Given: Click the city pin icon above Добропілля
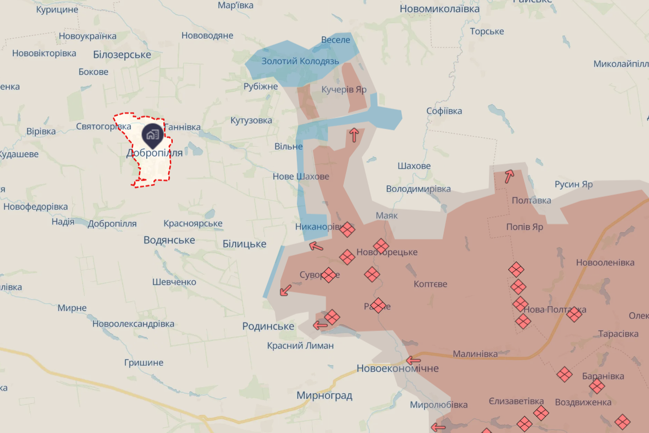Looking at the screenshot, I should (152, 134).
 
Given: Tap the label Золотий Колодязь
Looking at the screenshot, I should (300, 61).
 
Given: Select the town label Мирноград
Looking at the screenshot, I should (324, 395).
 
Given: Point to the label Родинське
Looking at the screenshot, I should (268, 327).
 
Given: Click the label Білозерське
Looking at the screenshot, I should (122, 55).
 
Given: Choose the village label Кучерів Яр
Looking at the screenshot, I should (344, 89).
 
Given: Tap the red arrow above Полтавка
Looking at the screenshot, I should (509, 176).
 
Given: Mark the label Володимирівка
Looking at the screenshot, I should (418, 189).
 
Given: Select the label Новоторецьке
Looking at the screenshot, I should (387, 253).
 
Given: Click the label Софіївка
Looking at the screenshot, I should (444, 111).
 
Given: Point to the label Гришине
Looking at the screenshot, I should (143, 363).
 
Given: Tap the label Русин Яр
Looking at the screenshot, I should (573, 184).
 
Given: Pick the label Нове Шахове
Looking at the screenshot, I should (301, 177).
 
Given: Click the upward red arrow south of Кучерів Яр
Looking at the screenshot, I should (354, 135).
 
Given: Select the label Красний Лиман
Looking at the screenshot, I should (300, 346).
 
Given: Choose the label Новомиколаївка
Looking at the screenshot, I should (439, 9).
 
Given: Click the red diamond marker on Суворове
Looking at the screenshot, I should (328, 275).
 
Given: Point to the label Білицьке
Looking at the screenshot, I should (244, 244).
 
